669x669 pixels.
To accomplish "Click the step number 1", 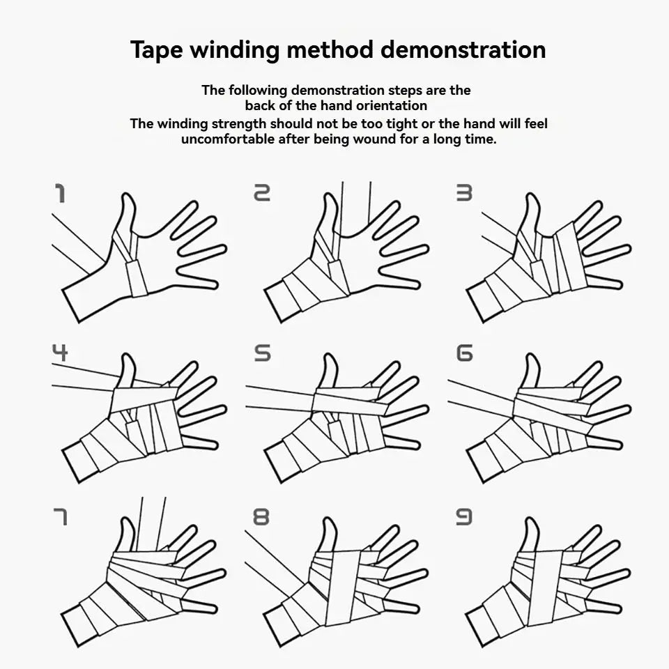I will tap(60, 193).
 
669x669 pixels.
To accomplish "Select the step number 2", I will tap(261, 193).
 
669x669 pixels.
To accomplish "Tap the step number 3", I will tap(464, 193).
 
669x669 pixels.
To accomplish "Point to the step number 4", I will tap(60, 353).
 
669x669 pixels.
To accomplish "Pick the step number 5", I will tap(261, 353).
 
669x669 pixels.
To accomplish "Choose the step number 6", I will tap(464, 353).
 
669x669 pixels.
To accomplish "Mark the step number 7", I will tap(60, 516).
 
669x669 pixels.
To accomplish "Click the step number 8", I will tap(261, 516).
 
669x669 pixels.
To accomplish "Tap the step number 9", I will tap(464, 516).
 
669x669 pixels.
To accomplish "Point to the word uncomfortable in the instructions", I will tap(228, 139).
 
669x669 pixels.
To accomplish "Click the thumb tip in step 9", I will tap(531, 523).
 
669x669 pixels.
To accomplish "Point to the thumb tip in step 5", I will tap(329, 360).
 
